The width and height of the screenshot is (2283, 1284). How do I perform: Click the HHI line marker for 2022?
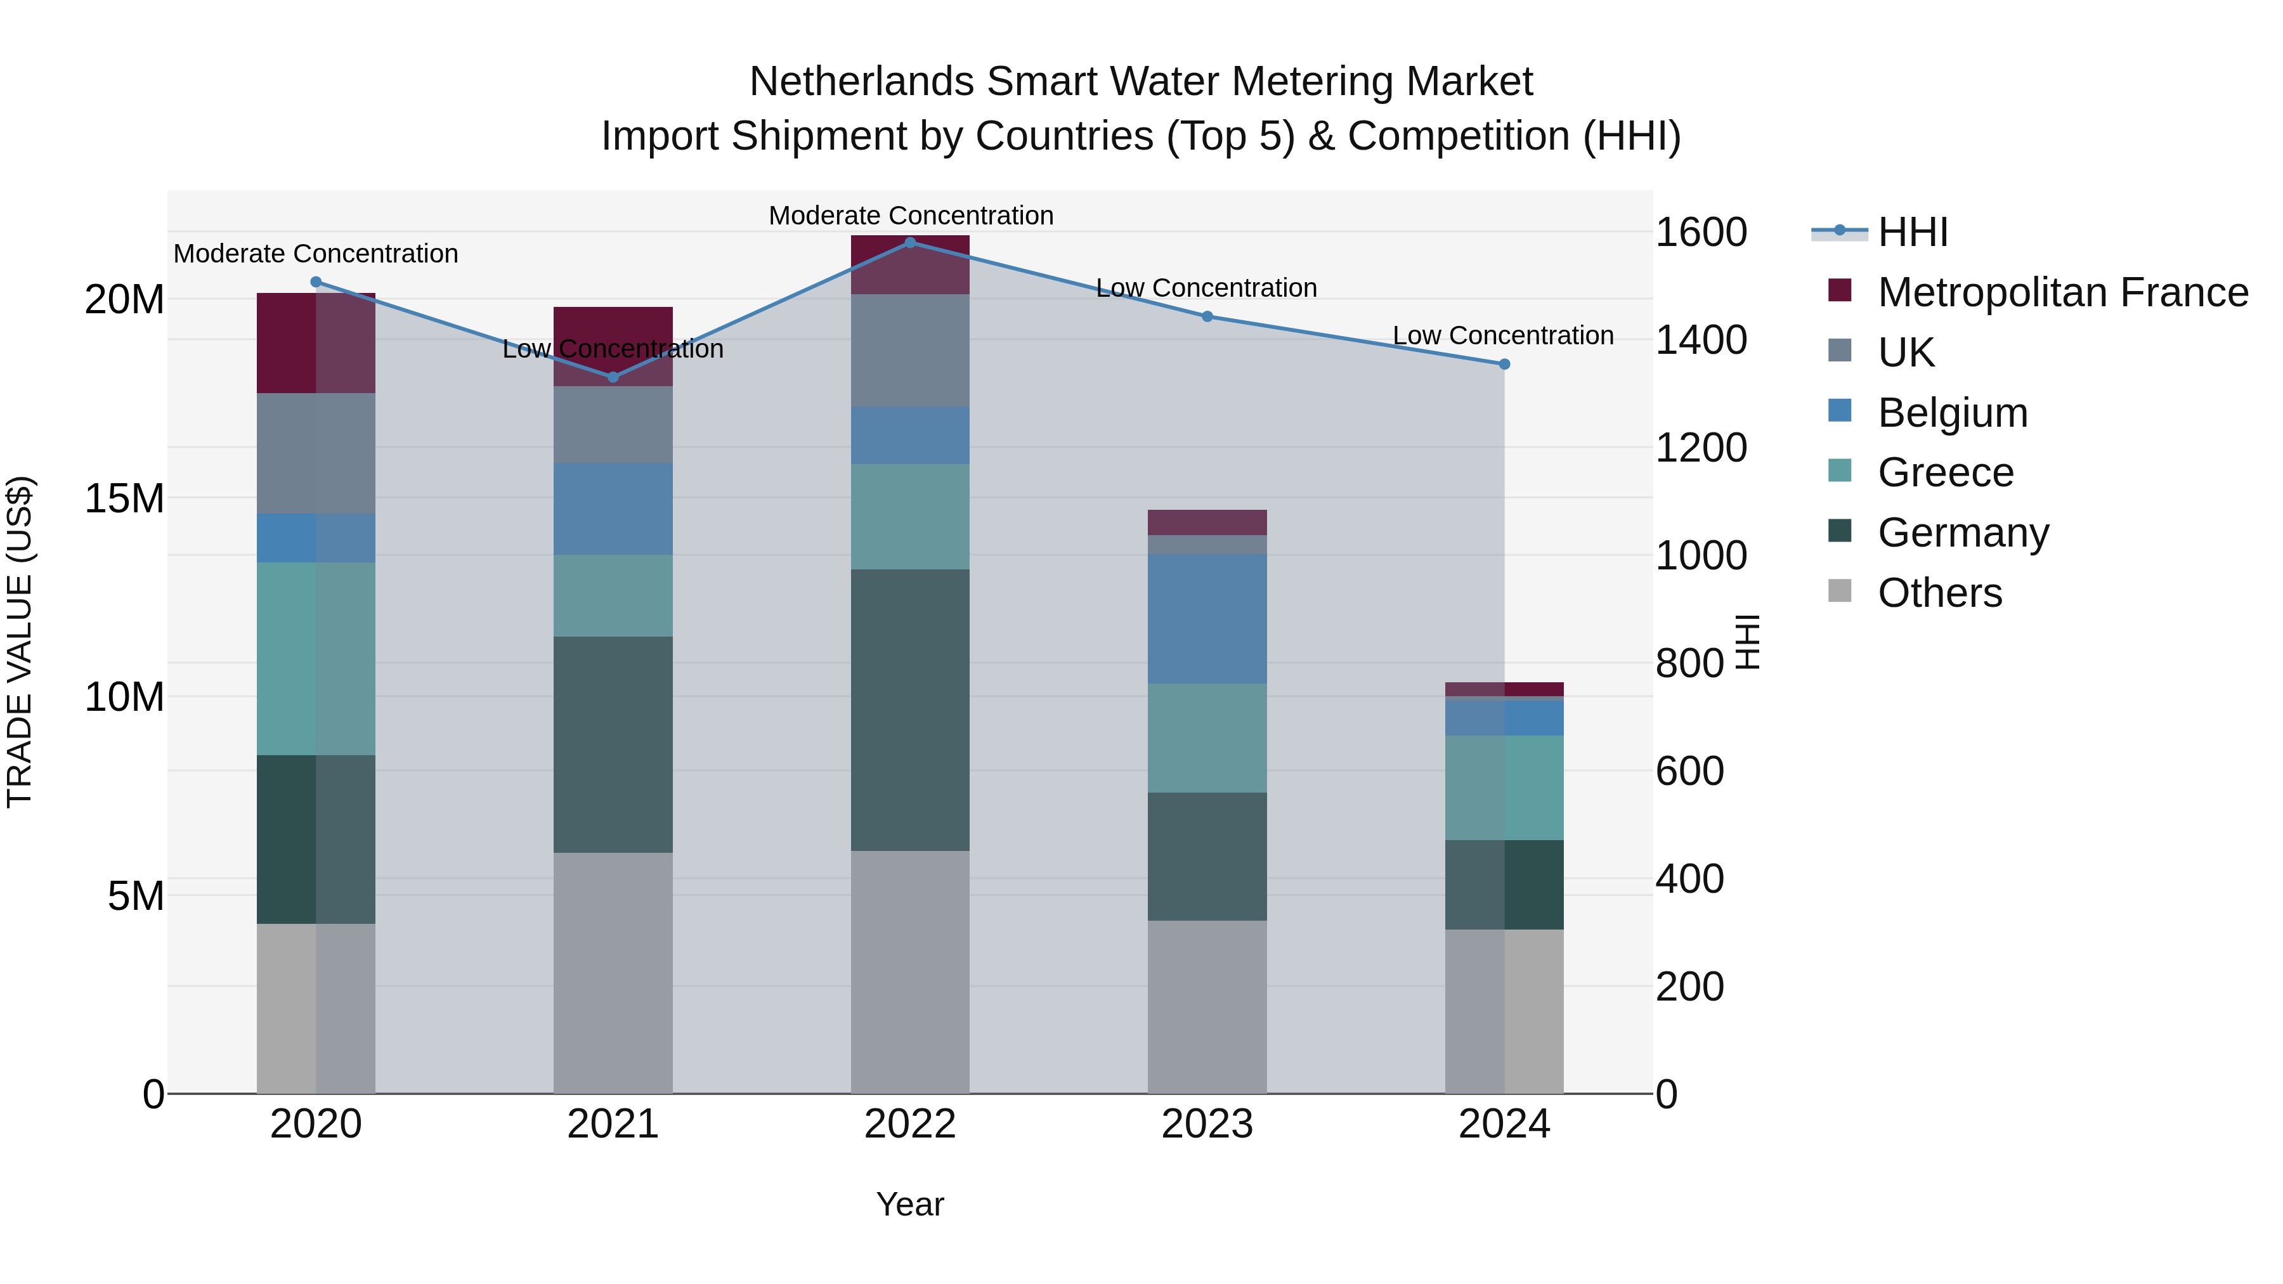tap(910, 242)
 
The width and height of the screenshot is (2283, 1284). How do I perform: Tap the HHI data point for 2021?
tap(613, 377)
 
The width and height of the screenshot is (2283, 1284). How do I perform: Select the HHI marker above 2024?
tap(1504, 364)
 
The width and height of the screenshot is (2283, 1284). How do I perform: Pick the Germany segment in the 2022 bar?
tap(910, 710)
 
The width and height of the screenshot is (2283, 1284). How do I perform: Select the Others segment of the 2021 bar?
tap(613, 973)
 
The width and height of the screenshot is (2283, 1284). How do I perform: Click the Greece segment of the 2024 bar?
tap(1504, 788)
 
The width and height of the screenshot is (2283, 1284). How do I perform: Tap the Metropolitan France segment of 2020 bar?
tap(316, 343)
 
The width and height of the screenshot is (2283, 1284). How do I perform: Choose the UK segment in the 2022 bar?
tap(910, 350)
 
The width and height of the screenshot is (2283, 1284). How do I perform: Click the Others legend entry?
tap(1939, 593)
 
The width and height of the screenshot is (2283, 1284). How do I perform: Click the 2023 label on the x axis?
tap(1207, 1124)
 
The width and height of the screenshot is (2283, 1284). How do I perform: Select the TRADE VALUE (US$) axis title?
tap(20, 642)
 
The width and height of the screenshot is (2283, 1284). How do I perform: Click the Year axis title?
tap(910, 1204)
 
